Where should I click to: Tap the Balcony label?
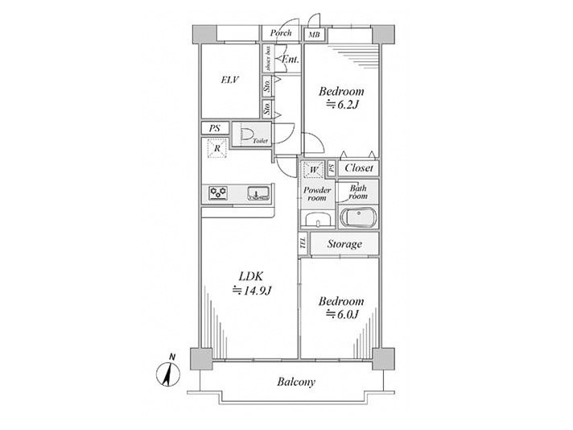[296, 382]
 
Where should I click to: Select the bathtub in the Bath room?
[358, 217]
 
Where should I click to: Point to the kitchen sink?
[258, 192]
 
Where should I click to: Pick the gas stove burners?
[218, 192]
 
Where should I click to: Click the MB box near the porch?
[314, 35]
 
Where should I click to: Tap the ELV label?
[230, 80]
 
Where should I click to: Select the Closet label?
[359, 168]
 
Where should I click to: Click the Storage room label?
[344, 244]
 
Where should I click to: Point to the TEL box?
[303, 243]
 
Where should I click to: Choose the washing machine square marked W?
[313, 170]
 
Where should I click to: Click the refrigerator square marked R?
[217, 148]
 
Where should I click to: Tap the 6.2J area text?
[342, 105]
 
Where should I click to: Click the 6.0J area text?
[342, 314]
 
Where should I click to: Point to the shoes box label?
[268, 59]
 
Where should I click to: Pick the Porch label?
[281, 33]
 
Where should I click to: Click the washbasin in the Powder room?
[318, 221]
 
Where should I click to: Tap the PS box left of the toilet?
[215, 128]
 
